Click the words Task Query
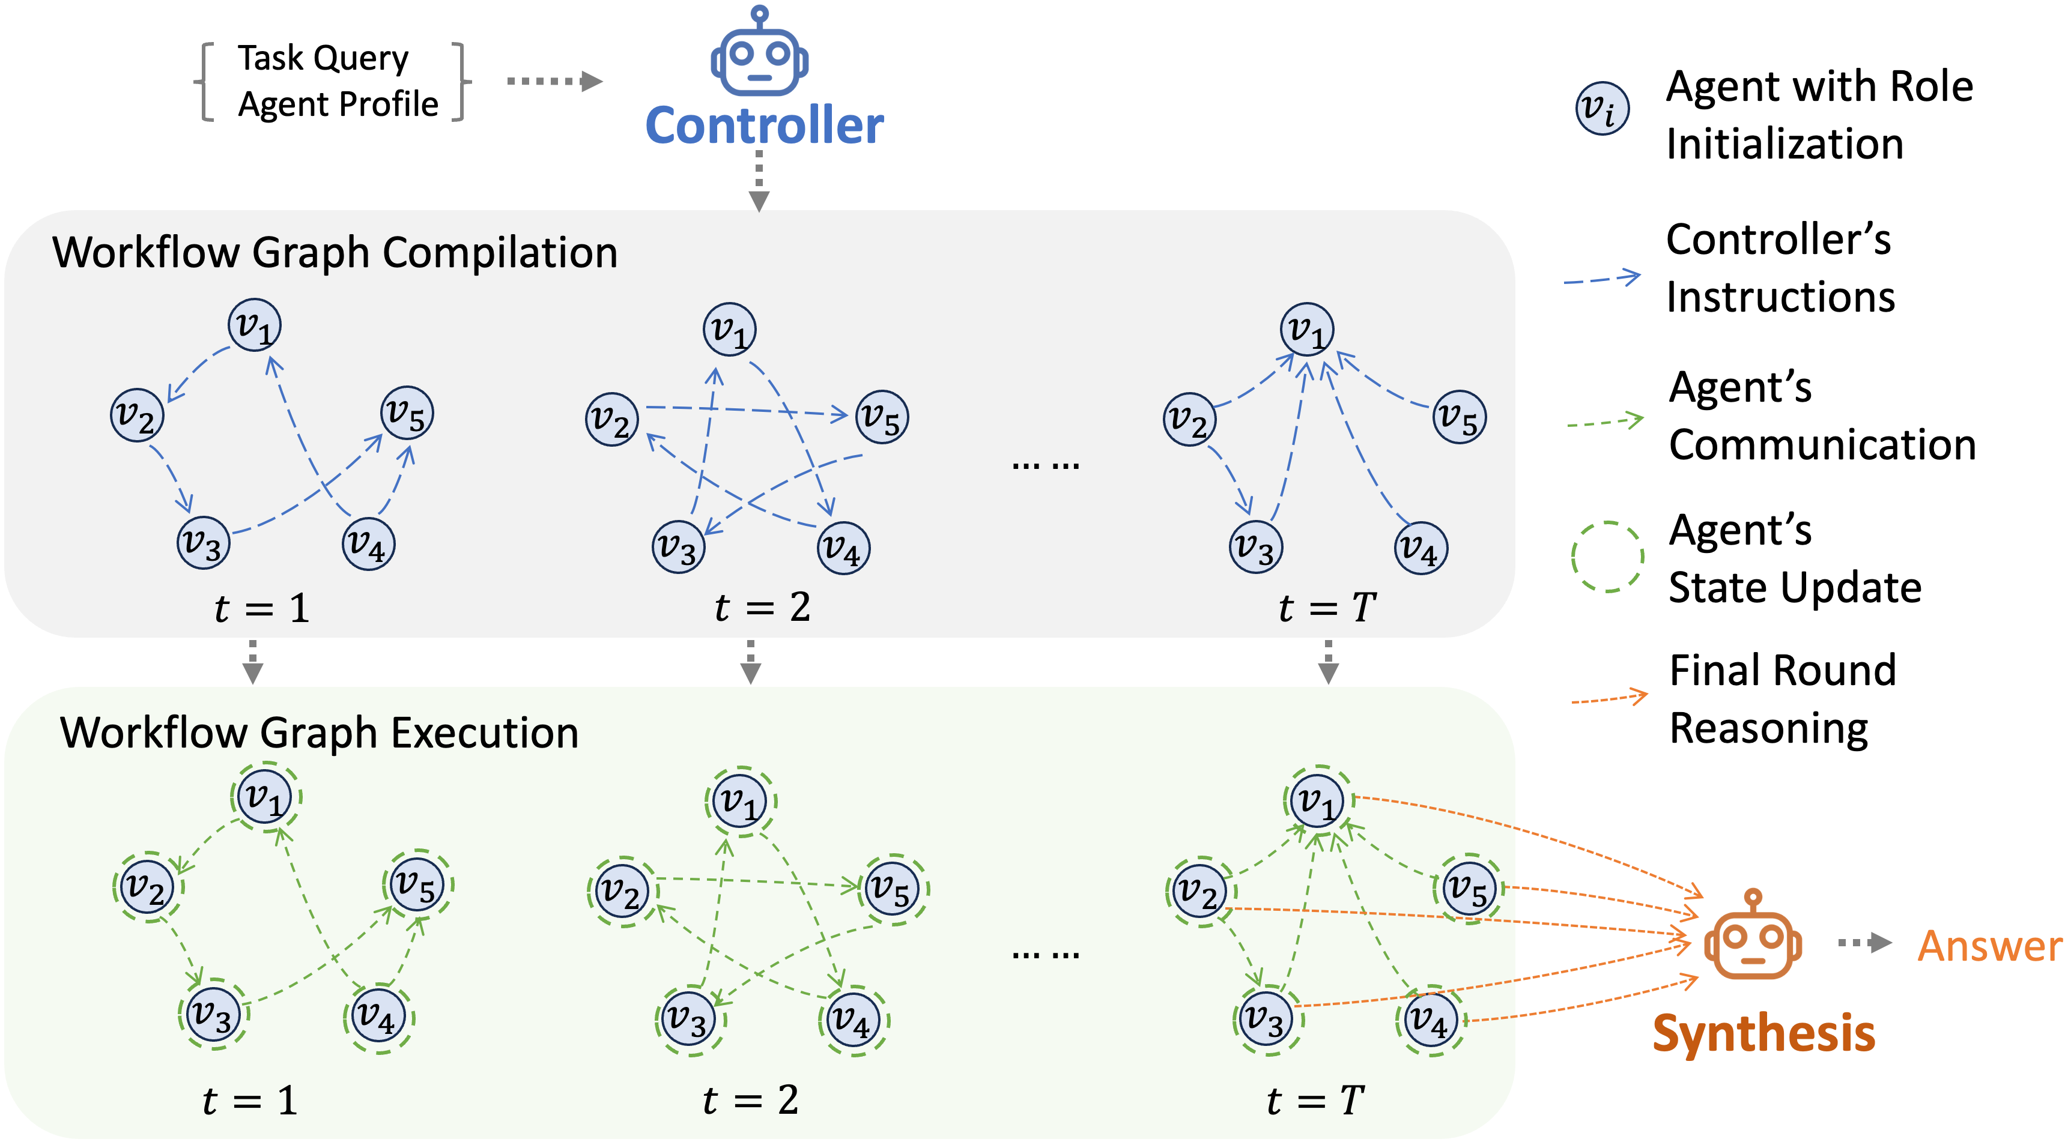tap(324, 59)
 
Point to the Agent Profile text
tap(338, 104)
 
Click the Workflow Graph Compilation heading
tap(335, 253)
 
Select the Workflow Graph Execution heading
tap(320, 733)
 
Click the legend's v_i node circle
tap(1603, 108)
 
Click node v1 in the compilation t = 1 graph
tap(255, 325)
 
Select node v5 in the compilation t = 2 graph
tap(882, 417)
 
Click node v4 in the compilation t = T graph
tap(1421, 548)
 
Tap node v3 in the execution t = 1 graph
tap(214, 1014)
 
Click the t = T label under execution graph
tap(1315, 1100)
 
